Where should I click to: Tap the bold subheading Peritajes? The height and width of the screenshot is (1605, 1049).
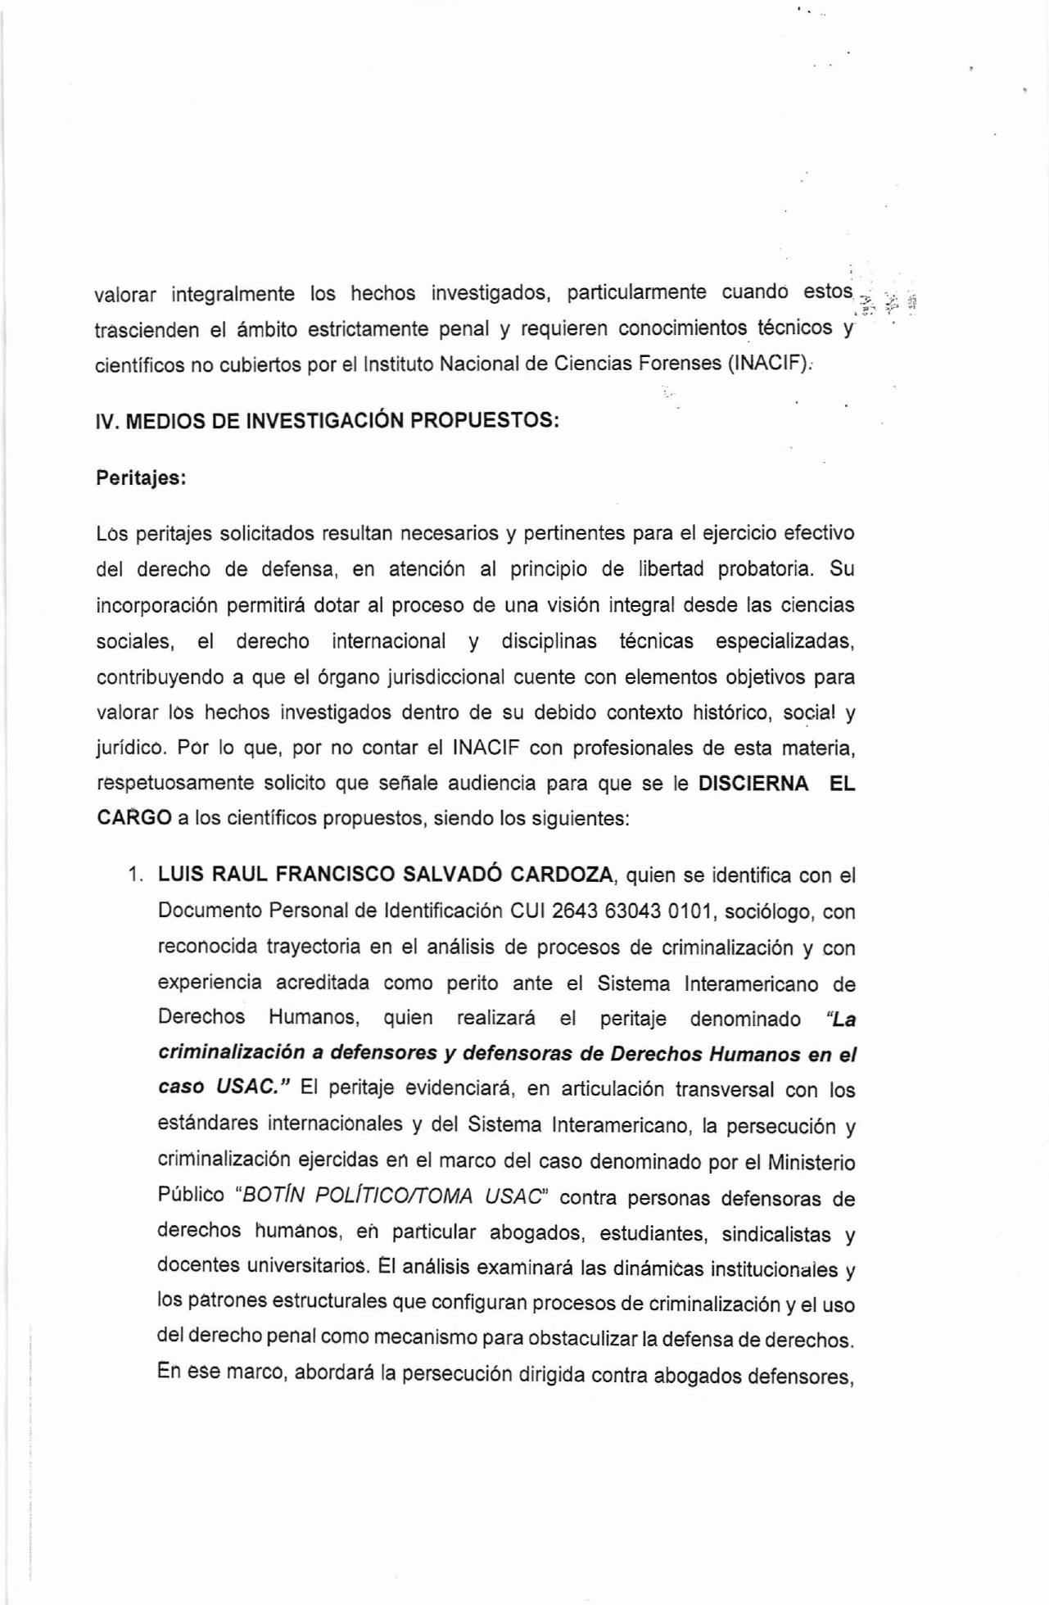pos(142,478)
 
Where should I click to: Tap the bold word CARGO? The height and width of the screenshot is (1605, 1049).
pos(134,818)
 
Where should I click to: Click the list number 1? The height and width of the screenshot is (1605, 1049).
pos(135,875)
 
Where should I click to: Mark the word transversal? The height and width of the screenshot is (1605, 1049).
pos(721,1090)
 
